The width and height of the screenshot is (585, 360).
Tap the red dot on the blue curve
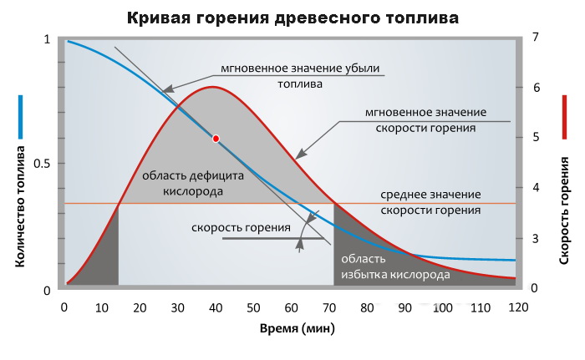pos(216,139)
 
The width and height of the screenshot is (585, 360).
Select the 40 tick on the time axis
pos(216,307)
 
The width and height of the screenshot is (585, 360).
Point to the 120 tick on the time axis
pos(517,307)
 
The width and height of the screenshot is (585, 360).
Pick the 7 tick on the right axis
pos(536,38)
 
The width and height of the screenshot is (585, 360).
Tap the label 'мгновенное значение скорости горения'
pos(426,119)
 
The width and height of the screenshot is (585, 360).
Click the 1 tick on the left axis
pos(47,38)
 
